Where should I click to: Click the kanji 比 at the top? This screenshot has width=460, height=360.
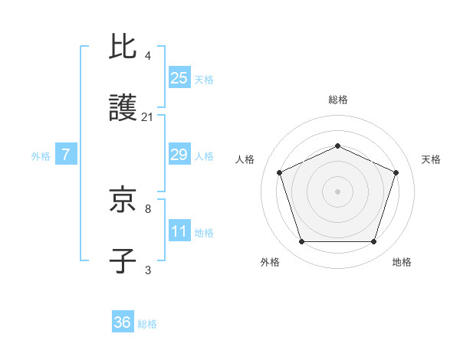tap(123, 47)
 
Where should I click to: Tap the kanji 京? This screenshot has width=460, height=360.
tap(123, 199)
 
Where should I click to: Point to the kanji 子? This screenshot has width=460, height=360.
tap(123, 261)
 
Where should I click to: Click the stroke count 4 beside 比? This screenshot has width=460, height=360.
tap(148, 56)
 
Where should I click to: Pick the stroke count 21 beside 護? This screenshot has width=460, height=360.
tap(148, 117)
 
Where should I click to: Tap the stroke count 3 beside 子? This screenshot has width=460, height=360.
tap(148, 270)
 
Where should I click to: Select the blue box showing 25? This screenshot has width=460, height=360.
tap(179, 77)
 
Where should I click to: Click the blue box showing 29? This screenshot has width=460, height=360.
tap(179, 155)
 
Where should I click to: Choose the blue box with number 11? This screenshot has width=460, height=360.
tap(179, 231)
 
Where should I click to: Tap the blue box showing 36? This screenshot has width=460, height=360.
tap(123, 322)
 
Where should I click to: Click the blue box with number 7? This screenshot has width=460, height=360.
tap(66, 155)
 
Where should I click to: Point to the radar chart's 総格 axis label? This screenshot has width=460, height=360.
tap(337, 100)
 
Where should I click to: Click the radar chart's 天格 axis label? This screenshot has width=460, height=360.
tap(431, 159)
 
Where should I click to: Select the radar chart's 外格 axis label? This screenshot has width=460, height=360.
tap(270, 262)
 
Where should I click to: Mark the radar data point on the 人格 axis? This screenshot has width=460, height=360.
tap(280, 172)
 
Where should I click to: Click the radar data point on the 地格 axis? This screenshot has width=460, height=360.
tap(373, 241)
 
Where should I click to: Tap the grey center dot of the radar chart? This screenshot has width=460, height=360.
tap(337, 191)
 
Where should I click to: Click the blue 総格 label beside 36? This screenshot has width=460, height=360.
tap(147, 324)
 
